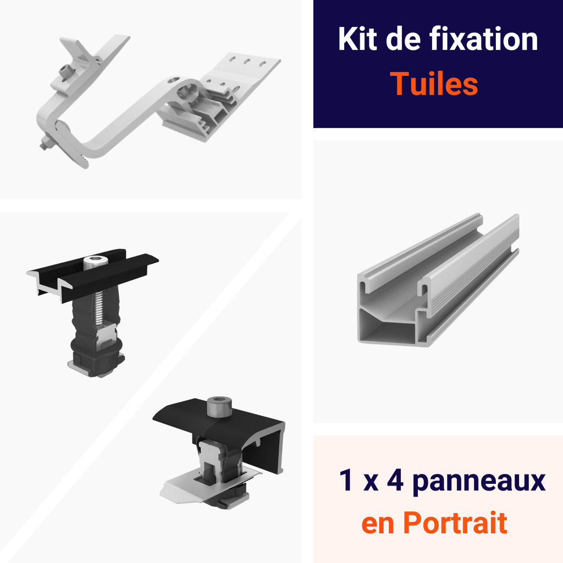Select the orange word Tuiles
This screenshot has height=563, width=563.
(x=434, y=84)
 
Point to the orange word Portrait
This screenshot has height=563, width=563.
(x=455, y=523)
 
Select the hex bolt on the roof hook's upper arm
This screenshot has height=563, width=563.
(x=66, y=71)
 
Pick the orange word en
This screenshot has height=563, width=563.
(x=378, y=523)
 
